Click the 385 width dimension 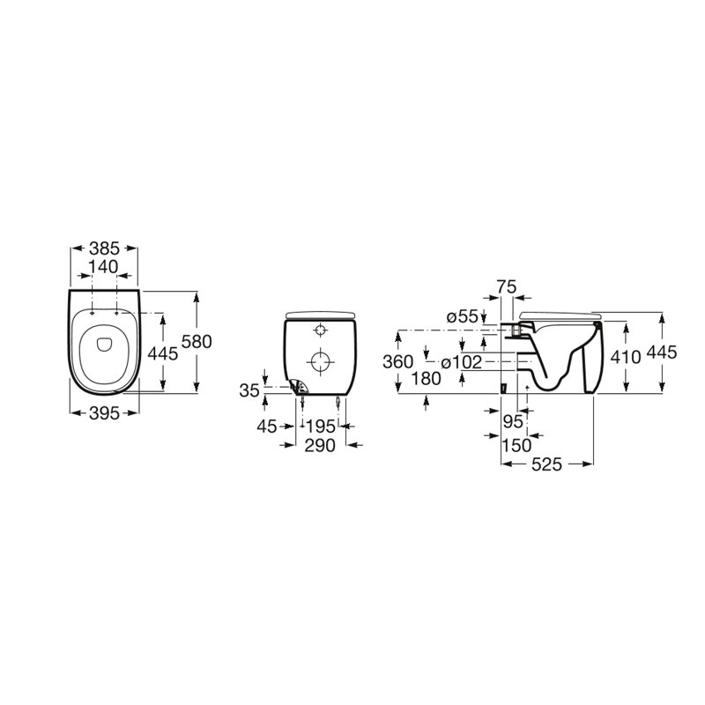[104, 249]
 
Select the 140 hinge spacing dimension [103, 267]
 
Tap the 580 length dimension [197, 342]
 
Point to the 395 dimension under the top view [104, 413]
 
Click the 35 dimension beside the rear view [249, 390]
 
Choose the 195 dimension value [320, 427]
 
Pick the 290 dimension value [320, 446]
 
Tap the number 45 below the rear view [267, 427]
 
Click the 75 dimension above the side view [507, 286]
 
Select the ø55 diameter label [462, 316]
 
